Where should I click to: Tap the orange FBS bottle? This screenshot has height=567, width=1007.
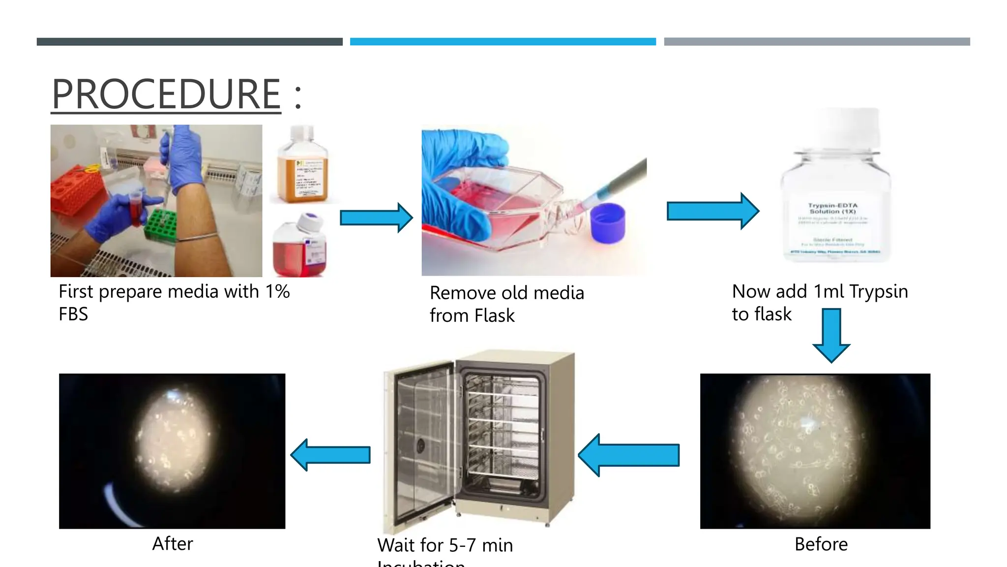click(x=302, y=167)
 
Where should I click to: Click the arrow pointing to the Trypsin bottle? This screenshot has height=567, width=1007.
click(x=712, y=211)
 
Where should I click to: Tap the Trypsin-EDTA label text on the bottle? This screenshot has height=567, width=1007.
click(x=832, y=208)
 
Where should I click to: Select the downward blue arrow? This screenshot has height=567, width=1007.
click(x=831, y=335)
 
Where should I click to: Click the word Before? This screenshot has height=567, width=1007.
click(x=821, y=544)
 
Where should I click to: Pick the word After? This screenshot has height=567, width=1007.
click(x=173, y=544)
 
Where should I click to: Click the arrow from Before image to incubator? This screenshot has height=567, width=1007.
click(x=629, y=455)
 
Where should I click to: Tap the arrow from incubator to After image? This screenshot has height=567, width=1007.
click(x=330, y=455)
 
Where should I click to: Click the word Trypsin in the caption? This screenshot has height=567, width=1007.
click(x=878, y=291)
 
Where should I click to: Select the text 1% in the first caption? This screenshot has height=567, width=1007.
click(x=277, y=291)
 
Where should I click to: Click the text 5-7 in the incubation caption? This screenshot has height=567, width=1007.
click(x=462, y=545)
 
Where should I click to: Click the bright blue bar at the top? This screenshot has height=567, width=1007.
click(x=503, y=42)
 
